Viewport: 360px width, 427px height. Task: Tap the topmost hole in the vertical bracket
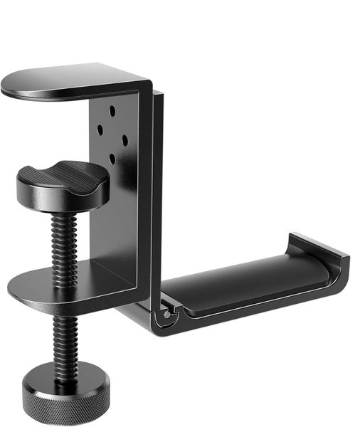[x=112, y=112]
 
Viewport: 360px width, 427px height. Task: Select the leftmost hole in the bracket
[x=100, y=129]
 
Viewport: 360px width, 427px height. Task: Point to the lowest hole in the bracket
[x=112, y=158]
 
